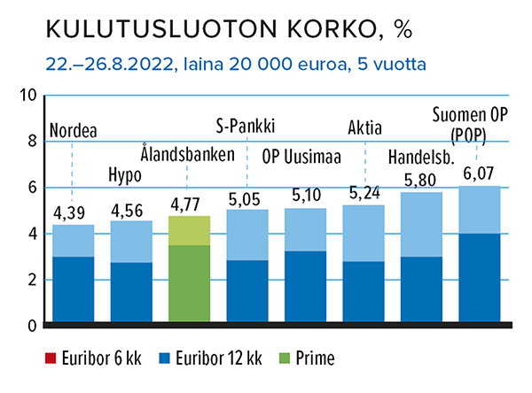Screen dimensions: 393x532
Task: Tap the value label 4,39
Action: tap(72, 213)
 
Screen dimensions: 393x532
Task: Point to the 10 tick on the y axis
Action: tap(27, 96)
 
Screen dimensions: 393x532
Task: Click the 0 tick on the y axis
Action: tap(31, 326)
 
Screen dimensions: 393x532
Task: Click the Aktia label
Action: tap(367, 125)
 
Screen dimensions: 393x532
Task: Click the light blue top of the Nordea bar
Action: tap(72, 241)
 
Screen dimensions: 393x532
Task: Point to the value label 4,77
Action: tap(188, 204)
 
